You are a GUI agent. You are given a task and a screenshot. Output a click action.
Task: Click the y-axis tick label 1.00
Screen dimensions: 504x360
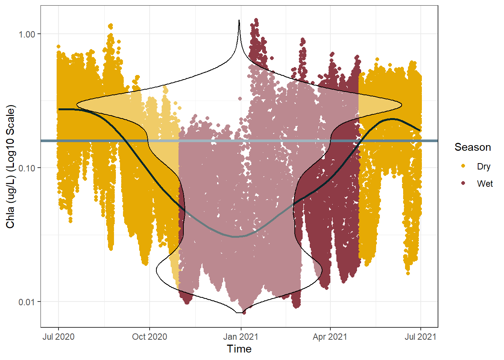(x=27, y=34)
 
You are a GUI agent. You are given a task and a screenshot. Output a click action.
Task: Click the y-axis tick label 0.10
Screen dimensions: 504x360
(x=27, y=168)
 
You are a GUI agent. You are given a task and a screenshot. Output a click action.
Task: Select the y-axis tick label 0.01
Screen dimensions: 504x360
(x=27, y=302)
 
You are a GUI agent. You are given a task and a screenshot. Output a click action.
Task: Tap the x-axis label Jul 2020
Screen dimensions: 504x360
(x=58, y=337)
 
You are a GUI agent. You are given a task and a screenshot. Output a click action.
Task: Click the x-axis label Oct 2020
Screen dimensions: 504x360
(x=150, y=337)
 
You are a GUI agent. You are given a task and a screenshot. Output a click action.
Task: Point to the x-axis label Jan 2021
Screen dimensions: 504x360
(x=240, y=337)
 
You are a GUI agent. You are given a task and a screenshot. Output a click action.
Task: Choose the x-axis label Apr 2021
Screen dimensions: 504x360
(x=330, y=337)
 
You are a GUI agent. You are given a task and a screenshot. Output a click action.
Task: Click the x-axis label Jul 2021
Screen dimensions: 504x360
(x=420, y=337)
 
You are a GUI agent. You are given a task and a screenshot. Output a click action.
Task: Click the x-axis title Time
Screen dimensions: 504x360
(x=239, y=349)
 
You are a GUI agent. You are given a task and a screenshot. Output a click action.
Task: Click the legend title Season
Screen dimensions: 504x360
(x=473, y=147)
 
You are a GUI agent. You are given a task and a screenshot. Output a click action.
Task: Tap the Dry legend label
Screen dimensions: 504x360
(x=484, y=166)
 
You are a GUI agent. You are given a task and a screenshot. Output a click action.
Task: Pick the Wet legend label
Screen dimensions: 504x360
(x=485, y=184)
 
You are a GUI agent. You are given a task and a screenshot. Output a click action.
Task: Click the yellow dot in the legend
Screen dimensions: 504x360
(x=463, y=166)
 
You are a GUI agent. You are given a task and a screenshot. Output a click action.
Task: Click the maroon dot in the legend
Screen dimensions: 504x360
(x=463, y=183)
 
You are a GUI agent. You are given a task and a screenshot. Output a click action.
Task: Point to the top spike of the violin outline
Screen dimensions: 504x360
(x=239, y=20)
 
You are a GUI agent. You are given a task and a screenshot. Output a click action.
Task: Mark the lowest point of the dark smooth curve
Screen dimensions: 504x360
(x=235, y=237)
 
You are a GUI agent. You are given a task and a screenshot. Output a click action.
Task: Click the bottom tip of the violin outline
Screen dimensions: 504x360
(x=239, y=313)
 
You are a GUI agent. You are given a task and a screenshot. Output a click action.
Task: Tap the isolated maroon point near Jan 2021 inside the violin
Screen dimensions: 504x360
(x=240, y=99)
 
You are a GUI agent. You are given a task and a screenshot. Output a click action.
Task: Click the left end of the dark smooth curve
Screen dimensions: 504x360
(x=59, y=109)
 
